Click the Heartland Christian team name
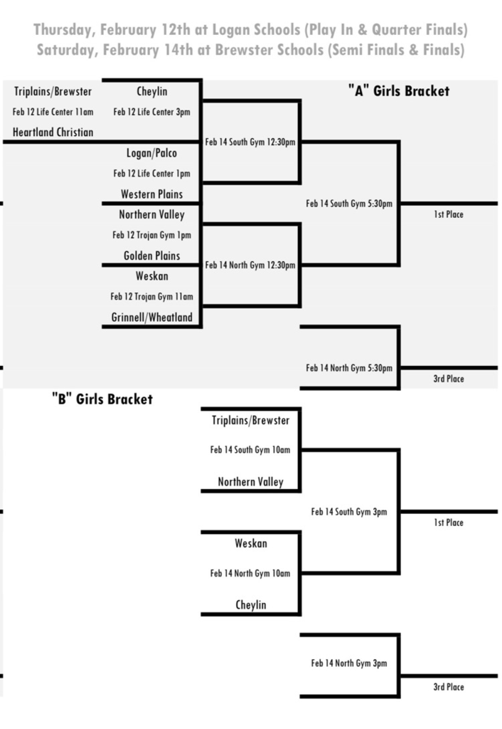53,132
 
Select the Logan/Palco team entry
151,153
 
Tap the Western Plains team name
151,194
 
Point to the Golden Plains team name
151,256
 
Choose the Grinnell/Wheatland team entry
151,318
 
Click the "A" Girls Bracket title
398,91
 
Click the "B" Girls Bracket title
102,399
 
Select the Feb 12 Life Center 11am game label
53,112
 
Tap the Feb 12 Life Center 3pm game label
151,112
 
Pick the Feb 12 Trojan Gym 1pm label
151,235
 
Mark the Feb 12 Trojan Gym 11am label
151,297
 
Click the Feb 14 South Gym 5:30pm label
349,204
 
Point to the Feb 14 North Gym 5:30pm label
349,368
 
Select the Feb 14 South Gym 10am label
250,450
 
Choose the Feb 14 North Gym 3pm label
349,664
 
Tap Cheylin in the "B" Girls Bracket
250,605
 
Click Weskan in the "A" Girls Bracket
151,276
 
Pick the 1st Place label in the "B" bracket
448,523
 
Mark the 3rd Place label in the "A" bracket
448,379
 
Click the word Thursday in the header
64,30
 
